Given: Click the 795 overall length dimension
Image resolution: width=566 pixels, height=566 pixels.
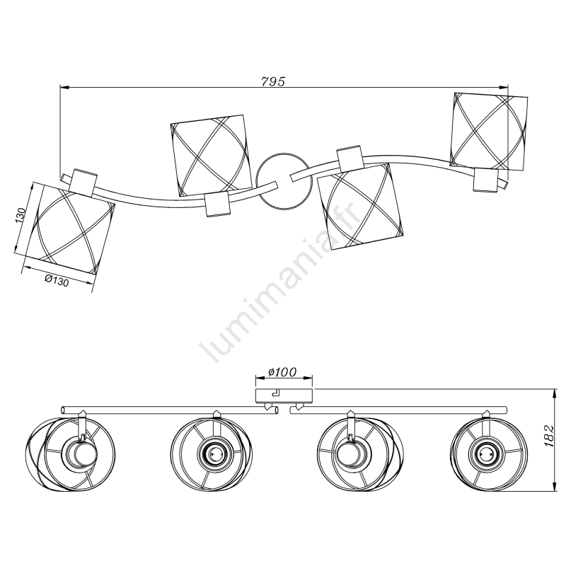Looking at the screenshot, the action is (x=273, y=81).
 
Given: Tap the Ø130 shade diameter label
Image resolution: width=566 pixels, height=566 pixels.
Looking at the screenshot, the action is (x=57, y=280).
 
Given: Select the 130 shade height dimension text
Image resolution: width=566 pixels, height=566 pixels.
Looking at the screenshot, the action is (x=21, y=216).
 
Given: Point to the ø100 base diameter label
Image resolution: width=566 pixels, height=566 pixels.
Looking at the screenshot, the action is (x=282, y=372).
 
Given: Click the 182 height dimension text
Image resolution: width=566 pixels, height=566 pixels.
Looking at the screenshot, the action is (x=549, y=436).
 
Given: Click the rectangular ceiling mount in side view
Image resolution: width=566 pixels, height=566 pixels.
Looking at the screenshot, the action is (x=284, y=395).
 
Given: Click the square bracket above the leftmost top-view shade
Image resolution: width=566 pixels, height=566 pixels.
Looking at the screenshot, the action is (x=83, y=182).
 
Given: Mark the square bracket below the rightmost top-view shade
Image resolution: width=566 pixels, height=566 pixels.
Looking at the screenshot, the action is (x=486, y=180).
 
